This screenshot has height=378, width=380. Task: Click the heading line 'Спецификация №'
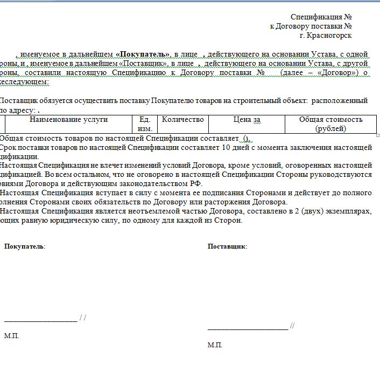pos(321,17)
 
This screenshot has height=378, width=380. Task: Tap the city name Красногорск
pos(330,36)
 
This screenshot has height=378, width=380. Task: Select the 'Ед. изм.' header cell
pos(145,124)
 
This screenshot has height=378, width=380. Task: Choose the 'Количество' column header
pos(183,120)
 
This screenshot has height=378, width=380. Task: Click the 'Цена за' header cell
pos(247,120)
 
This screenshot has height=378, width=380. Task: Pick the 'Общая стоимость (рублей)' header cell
pos(330,124)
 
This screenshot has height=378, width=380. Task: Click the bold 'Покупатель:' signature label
pos(25,246)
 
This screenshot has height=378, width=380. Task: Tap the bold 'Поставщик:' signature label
pos(227,246)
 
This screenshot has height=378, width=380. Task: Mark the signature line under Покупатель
pos(40,321)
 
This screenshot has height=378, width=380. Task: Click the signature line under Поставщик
pos(248,329)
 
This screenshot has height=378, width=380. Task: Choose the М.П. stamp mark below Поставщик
pos(215,345)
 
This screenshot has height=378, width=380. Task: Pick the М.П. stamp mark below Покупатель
pos(11,336)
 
